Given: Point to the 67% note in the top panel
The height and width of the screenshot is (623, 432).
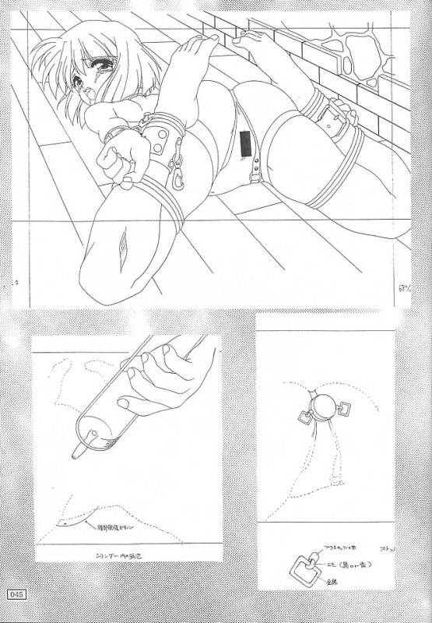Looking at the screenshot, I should point(404,289).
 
